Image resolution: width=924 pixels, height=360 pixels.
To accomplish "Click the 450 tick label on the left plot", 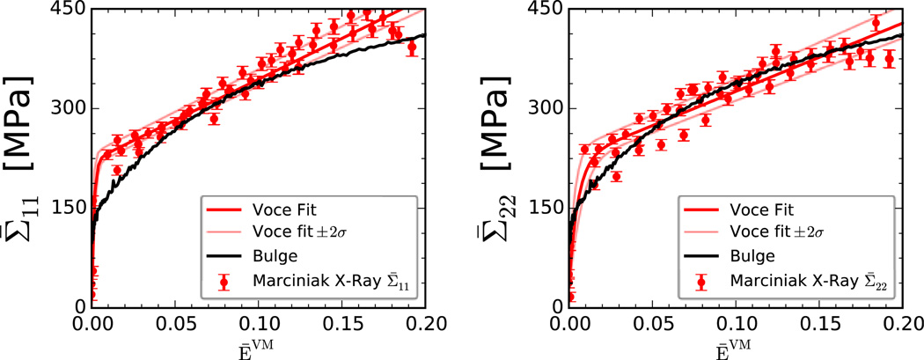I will tap(70, 10).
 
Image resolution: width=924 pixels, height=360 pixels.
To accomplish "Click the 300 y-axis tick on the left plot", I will tap(70, 108).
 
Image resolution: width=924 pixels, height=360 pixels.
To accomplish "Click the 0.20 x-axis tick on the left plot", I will tap(425, 323).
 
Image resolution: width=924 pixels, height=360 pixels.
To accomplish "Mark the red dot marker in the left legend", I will tap(225, 282).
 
